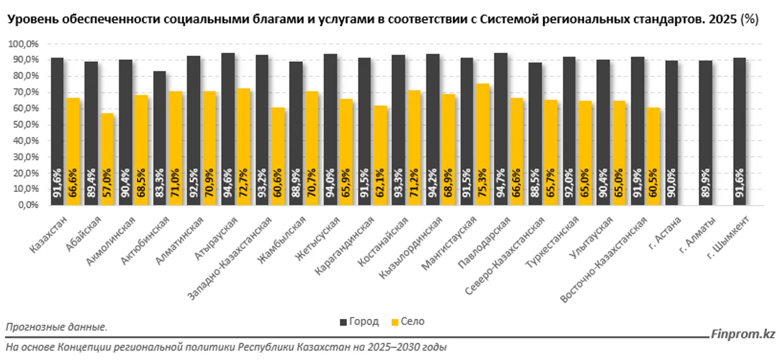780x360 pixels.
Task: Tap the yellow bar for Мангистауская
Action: (x=482, y=144)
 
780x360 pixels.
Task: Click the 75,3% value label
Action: (x=483, y=183)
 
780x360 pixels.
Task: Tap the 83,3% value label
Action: (x=160, y=183)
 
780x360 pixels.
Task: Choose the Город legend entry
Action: (x=359, y=322)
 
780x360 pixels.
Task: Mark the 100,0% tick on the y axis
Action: (x=24, y=44)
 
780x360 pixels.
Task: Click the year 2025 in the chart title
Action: (x=723, y=20)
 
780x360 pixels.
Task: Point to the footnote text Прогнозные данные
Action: (x=57, y=327)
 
